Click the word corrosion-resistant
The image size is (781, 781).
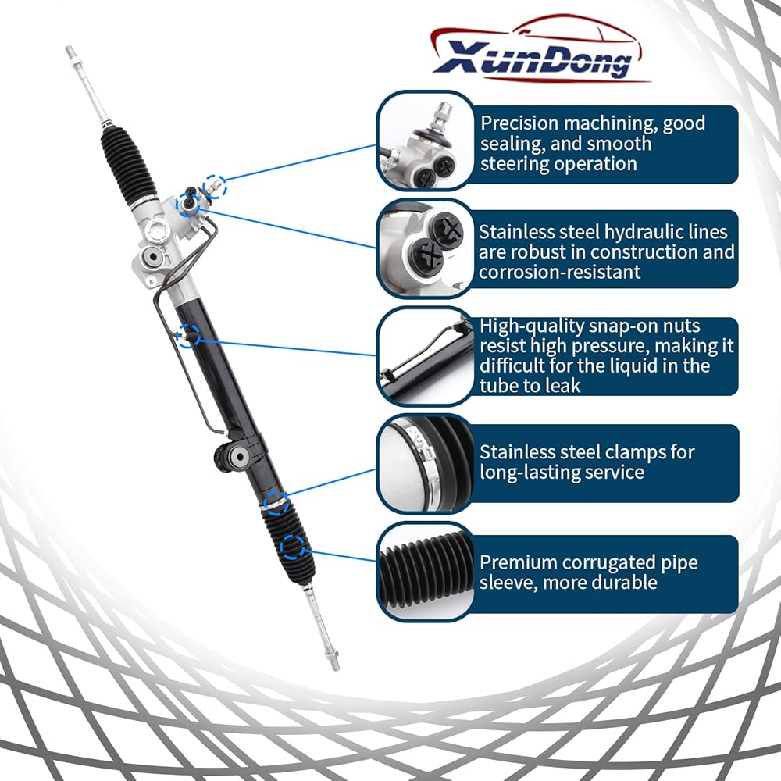(560, 272)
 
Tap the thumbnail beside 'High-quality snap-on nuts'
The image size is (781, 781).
(426, 356)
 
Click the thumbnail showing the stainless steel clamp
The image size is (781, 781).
(426, 463)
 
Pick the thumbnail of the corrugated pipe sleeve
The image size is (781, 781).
(426, 572)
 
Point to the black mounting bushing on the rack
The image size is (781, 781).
(232, 455)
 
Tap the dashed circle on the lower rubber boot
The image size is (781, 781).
(292, 547)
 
